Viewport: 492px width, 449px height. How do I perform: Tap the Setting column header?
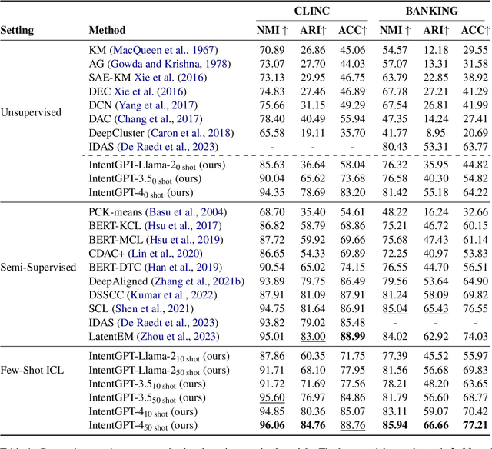tap(22, 32)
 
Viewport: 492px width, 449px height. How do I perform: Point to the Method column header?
tap(107, 32)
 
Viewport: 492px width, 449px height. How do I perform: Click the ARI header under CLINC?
tap(314, 32)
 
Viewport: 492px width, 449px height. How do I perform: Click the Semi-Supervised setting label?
tap(38, 267)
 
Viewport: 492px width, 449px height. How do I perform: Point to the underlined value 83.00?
tap(312, 336)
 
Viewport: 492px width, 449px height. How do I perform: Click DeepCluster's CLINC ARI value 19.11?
tap(312, 132)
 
